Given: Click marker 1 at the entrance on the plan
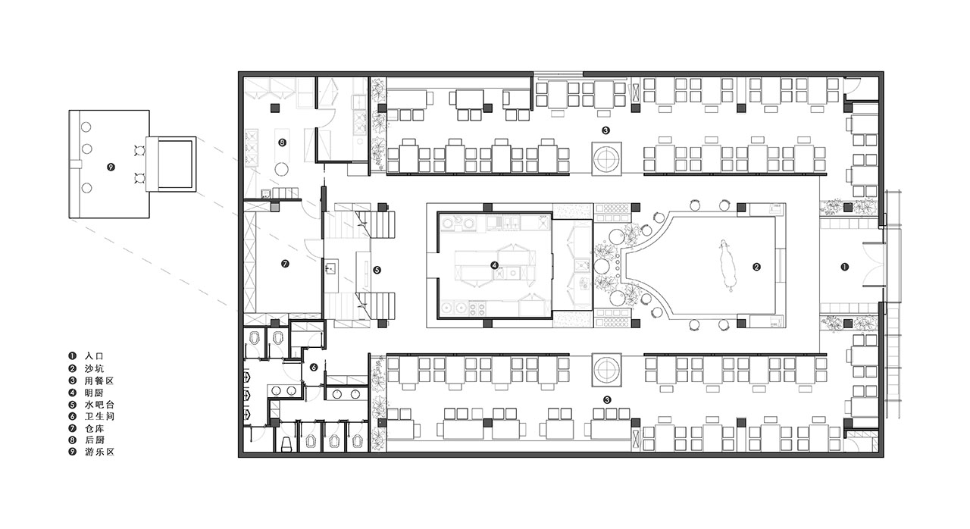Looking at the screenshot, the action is click(844, 267).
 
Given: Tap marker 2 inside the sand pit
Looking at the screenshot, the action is click(756, 267).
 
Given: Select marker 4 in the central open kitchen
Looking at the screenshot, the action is click(495, 265).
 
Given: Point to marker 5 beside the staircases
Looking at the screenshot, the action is click(377, 270).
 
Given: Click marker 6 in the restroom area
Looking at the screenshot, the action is click(314, 368).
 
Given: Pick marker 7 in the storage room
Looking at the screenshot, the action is click(285, 264).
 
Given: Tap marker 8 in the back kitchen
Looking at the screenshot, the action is click(283, 142).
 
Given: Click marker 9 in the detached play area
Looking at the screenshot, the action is click(111, 167).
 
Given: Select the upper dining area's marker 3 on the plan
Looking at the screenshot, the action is click(605, 130).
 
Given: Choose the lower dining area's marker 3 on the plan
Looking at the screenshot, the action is click(607, 400).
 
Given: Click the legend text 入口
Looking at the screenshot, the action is click(94, 356).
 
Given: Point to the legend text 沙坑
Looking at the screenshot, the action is click(94, 369).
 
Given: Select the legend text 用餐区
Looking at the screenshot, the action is click(99, 381).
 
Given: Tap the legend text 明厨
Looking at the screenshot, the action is click(94, 393).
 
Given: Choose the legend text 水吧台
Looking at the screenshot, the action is click(99, 405).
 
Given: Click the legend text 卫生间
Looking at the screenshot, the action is click(99, 416).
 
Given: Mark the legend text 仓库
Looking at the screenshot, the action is click(94, 428).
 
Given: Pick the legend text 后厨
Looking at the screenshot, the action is click(94, 440).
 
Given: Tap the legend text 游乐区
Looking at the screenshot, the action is click(99, 452).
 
